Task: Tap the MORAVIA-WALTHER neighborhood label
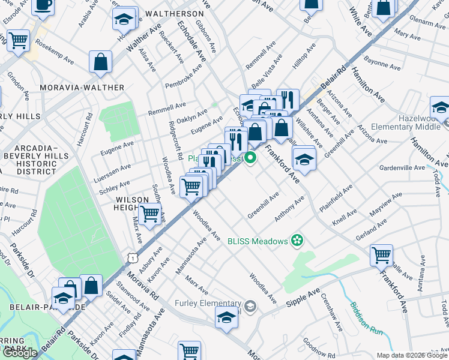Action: point(82,88)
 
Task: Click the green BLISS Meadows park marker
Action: point(296,242)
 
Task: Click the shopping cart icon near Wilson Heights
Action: point(149,214)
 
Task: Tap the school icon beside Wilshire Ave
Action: point(304,159)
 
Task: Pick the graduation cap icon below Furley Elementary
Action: point(226,317)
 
